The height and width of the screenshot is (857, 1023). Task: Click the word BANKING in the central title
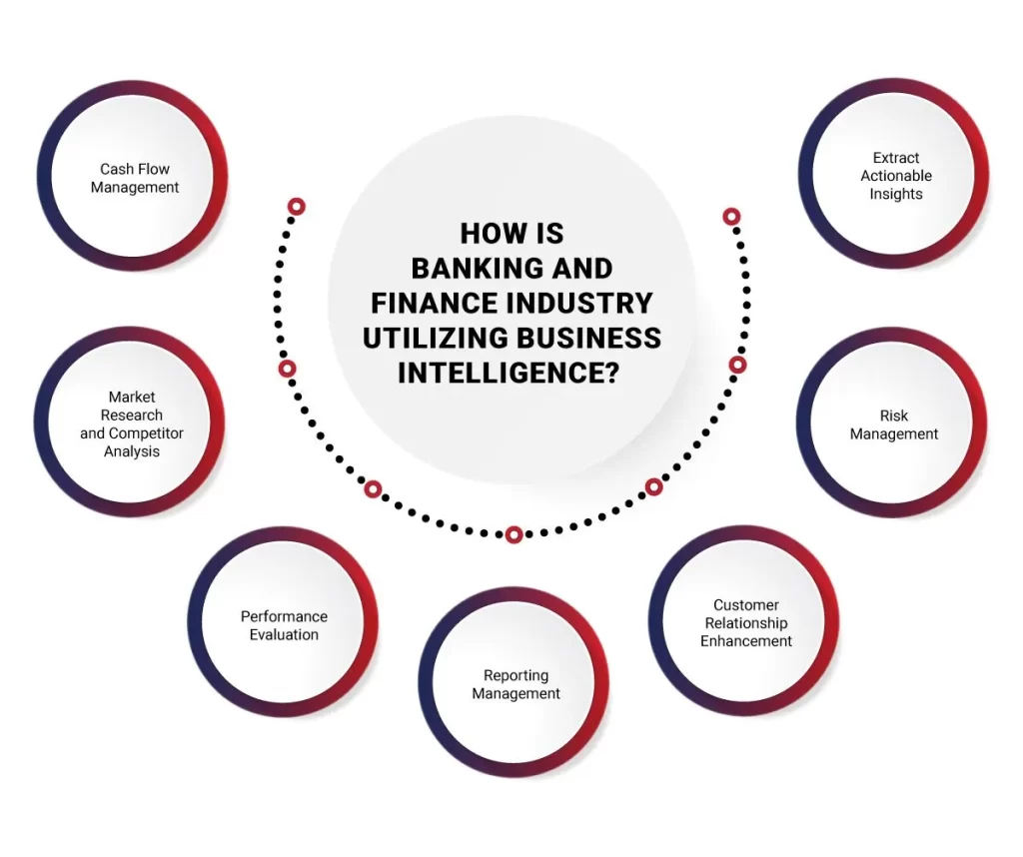(x=471, y=268)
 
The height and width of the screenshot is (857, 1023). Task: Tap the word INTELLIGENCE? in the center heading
(x=508, y=372)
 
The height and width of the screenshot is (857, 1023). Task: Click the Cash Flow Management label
(x=135, y=178)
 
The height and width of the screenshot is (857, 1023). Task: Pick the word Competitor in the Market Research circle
(x=146, y=433)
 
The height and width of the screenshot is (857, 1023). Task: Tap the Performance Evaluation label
(x=284, y=625)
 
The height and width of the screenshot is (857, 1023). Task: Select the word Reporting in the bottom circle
(x=515, y=675)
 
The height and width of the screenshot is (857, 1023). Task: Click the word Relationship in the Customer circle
(x=746, y=623)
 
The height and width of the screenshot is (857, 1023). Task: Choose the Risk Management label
(x=894, y=425)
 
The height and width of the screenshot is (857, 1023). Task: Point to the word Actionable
(x=896, y=176)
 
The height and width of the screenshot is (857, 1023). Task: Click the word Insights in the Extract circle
(x=896, y=194)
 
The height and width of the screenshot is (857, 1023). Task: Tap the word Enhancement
(x=746, y=641)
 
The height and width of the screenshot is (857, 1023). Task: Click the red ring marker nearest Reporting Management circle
(x=513, y=534)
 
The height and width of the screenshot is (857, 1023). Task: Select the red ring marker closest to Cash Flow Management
(x=296, y=207)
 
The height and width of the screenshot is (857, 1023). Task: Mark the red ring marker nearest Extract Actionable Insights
(x=731, y=216)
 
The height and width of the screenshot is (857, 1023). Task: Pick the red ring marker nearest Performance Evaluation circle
(x=373, y=489)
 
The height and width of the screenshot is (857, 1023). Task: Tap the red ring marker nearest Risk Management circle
(x=737, y=365)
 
